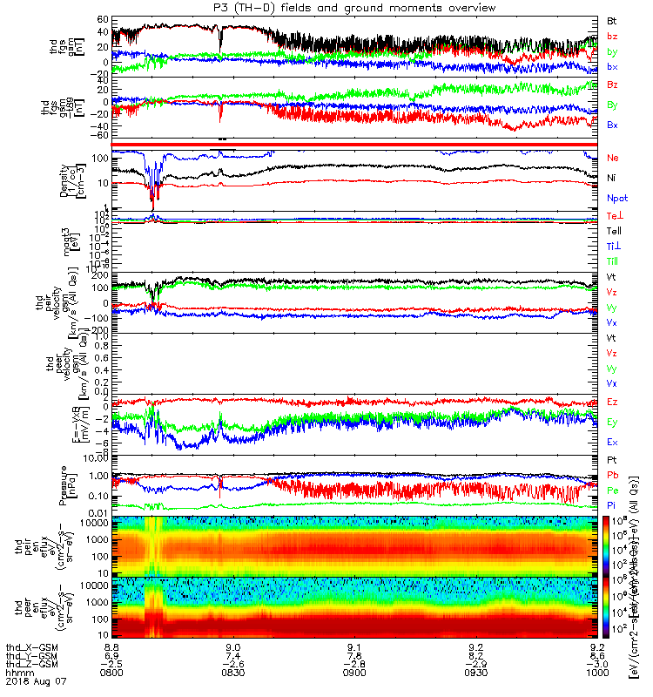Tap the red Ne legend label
(x=612, y=158)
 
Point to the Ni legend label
(x=611, y=178)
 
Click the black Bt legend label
(x=611, y=20)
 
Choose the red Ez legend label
(x=612, y=402)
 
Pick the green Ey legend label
(x=612, y=422)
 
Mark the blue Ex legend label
(x=612, y=443)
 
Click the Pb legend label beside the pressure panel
(x=612, y=475)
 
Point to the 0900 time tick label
(x=354, y=671)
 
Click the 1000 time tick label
(x=597, y=671)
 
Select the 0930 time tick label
(x=475, y=671)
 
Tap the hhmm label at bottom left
(x=17, y=671)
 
